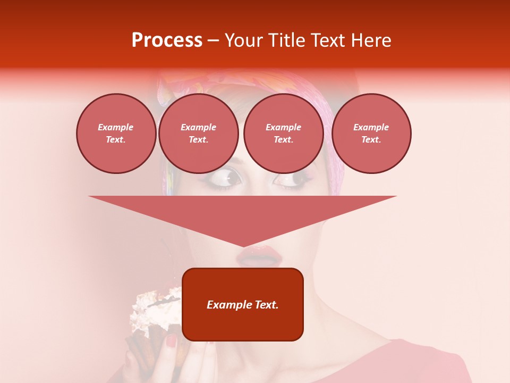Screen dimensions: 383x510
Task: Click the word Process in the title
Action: (x=167, y=40)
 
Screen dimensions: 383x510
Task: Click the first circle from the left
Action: (x=116, y=133)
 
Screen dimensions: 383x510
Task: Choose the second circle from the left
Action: (x=198, y=133)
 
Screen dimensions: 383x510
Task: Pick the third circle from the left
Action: (x=283, y=133)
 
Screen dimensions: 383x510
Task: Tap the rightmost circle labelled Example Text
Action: (x=371, y=133)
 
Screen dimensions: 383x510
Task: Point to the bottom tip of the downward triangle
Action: (x=243, y=246)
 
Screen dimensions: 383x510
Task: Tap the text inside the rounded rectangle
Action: (x=242, y=305)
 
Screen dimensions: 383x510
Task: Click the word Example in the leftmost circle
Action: (x=116, y=127)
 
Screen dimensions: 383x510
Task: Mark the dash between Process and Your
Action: (x=214, y=41)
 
